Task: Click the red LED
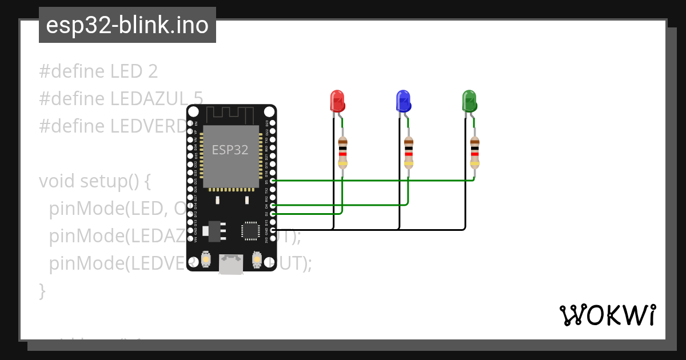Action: [337, 101]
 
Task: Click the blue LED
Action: [403, 101]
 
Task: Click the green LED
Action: [469, 101]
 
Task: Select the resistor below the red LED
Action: [342, 152]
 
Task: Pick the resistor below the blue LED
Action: [408, 152]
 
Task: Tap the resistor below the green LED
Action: [474, 152]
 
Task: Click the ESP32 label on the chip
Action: [230, 150]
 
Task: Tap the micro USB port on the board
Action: [231, 264]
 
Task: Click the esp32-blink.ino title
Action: [127, 25]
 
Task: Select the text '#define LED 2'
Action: [98, 71]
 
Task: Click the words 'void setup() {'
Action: [95, 181]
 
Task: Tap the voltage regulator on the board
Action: [215, 230]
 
